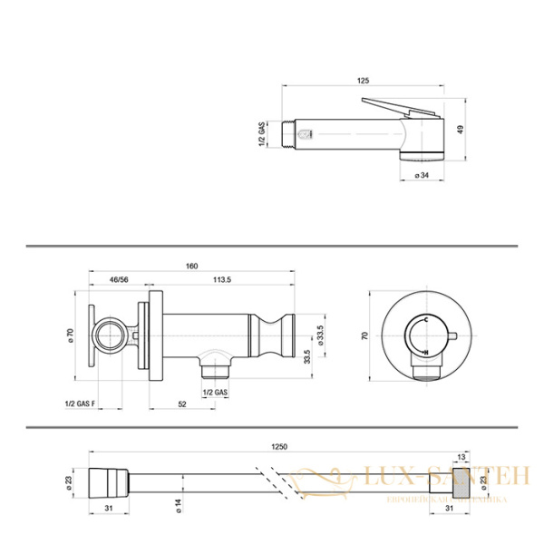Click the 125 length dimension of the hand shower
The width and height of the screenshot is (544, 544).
coord(363,82)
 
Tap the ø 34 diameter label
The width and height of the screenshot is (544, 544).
coord(422,174)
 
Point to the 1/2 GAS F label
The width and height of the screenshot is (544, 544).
coord(83,403)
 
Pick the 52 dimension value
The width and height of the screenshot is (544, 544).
coord(182,403)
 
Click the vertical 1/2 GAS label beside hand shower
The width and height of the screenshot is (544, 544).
coord(261,133)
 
